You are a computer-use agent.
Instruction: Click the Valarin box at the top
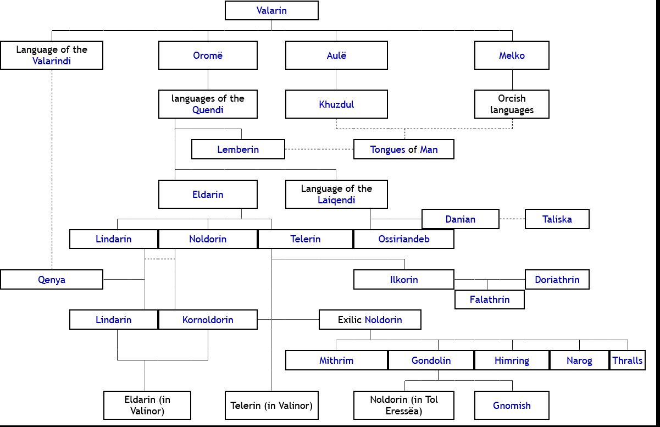click(x=271, y=10)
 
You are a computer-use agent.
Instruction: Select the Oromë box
click(x=208, y=56)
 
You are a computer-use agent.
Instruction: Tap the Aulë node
click(x=336, y=56)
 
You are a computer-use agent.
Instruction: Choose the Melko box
click(x=512, y=56)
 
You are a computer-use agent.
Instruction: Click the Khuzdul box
click(x=336, y=104)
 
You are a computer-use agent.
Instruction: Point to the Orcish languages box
click(x=512, y=104)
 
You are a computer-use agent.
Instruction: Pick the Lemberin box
click(x=238, y=149)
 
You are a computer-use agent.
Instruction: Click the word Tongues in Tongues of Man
click(x=387, y=149)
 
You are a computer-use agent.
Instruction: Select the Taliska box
click(x=557, y=219)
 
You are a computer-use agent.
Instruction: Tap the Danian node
click(x=461, y=219)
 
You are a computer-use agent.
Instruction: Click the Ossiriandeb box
click(x=404, y=239)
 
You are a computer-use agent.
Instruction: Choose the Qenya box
click(x=52, y=280)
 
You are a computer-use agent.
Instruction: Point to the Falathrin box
click(x=490, y=300)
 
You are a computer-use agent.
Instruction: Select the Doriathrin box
click(x=557, y=280)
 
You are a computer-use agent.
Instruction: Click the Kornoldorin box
click(x=208, y=320)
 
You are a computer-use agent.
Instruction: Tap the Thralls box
click(x=628, y=361)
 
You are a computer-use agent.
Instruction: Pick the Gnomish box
click(x=512, y=406)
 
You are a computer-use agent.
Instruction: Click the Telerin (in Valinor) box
click(x=271, y=406)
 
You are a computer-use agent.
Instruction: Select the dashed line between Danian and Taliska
click(x=512, y=219)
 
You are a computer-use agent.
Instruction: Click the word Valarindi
click(x=52, y=61)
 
